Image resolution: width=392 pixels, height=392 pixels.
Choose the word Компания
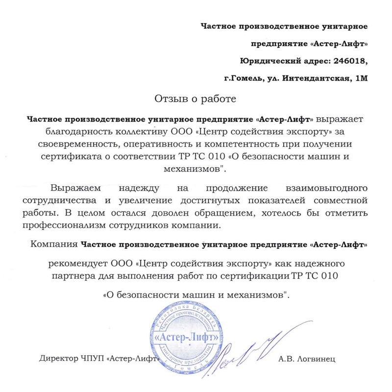pyautogui.click(x=53, y=244)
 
